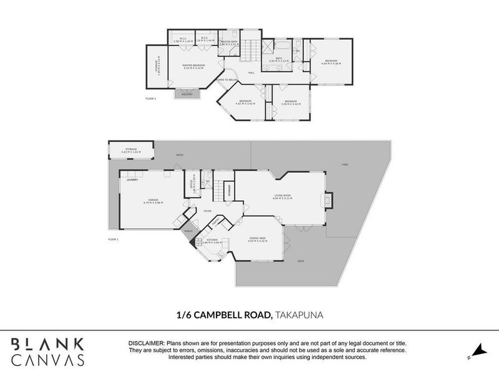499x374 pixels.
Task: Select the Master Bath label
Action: (x=230, y=43)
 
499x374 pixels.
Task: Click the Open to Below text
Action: (x=227, y=80)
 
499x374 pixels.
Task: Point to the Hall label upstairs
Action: (x=251, y=72)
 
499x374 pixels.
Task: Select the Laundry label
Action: (x=132, y=180)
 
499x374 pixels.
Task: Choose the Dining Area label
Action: (x=258, y=239)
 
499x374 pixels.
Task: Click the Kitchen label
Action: (x=212, y=241)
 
